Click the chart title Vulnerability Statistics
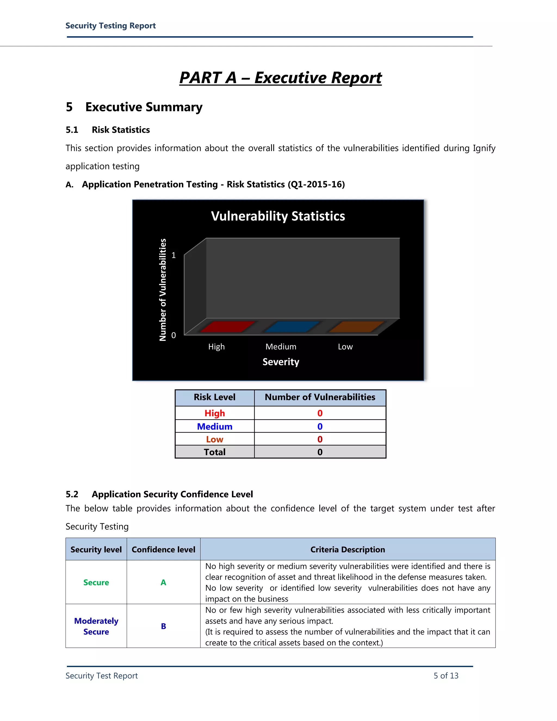pyautogui.click(x=278, y=216)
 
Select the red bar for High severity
pyautogui.click(x=227, y=326)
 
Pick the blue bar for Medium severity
pyautogui.click(x=291, y=326)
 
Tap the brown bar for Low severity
pyautogui.click(x=356, y=326)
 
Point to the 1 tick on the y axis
pyautogui.click(x=174, y=255)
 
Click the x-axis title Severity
pyautogui.click(x=281, y=362)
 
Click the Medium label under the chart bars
pyautogui.click(x=281, y=347)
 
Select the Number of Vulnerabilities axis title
pyautogui.click(x=163, y=289)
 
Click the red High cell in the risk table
pyautogui.click(x=215, y=413)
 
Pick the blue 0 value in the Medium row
pyautogui.click(x=320, y=427)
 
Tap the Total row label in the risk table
pyautogui.click(x=215, y=452)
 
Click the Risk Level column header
pyautogui.click(x=215, y=397)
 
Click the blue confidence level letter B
pyautogui.click(x=163, y=626)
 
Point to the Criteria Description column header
pyautogui.click(x=348, y=549)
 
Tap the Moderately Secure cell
pyautogui.click(x=96, y=626)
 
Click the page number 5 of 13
pyautogui.click(x=446, y=676)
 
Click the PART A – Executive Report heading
pyautogui.click(x=280, y=78)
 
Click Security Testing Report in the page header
pyautogui.click(x=110, y=26)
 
